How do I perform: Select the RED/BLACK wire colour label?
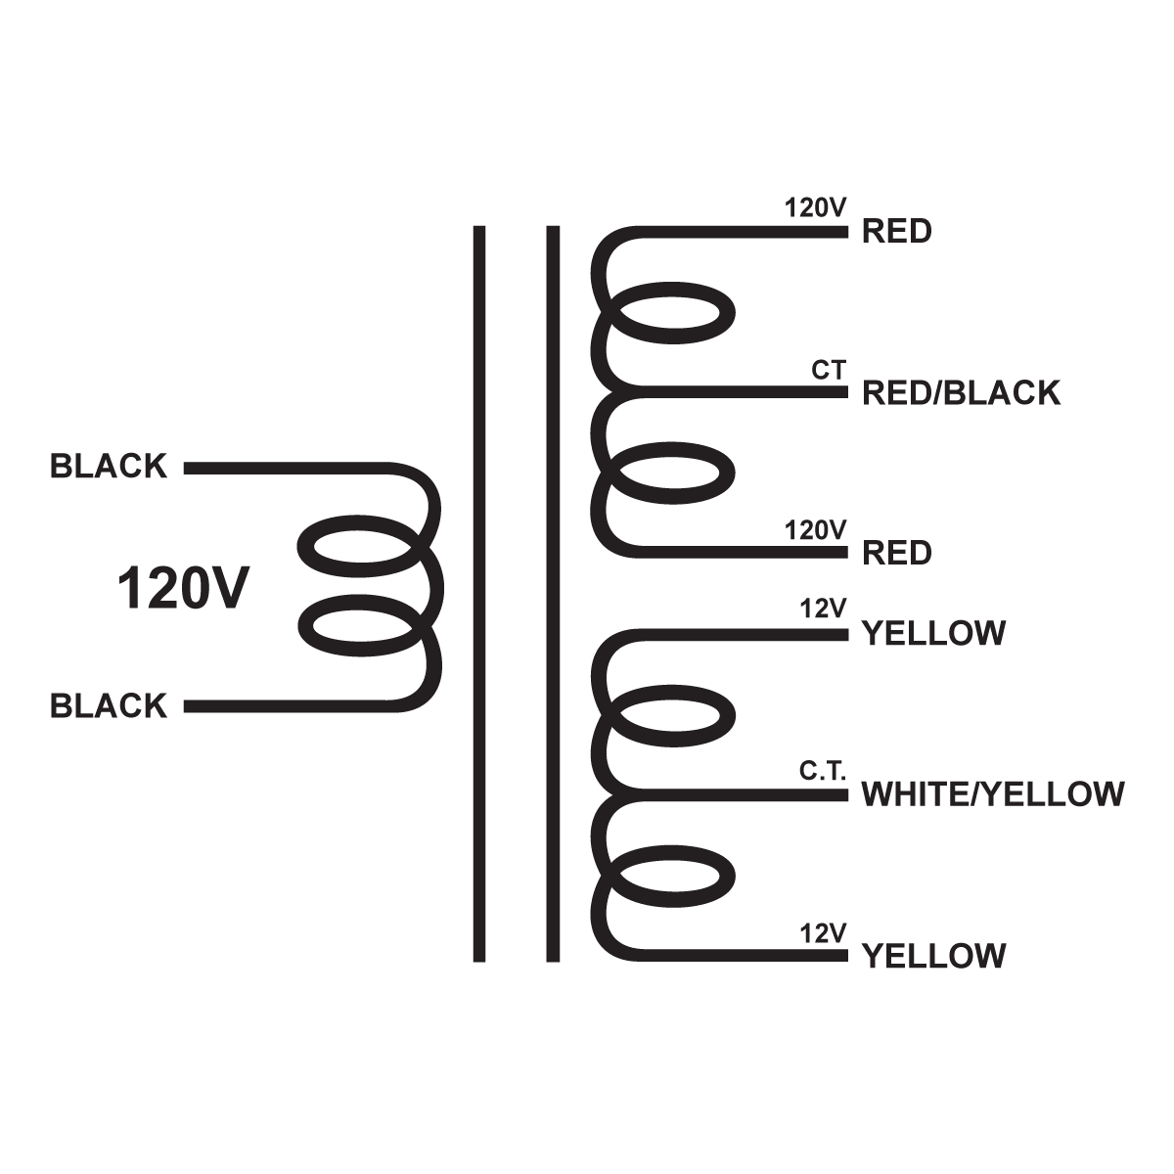coord(961,393)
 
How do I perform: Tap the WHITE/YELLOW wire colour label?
coord(992,793)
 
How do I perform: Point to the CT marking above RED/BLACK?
coord(828,371)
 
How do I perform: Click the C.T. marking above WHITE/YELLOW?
coord(823,771)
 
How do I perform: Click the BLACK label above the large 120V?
coord(109,467)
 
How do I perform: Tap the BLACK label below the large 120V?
coord(109,705)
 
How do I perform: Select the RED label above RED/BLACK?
coord(896,232)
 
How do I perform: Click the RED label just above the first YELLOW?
coord(896,554)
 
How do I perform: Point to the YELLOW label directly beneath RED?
coord(932,634)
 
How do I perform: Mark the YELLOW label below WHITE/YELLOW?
coord(932,956)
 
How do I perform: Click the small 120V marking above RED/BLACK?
coord(815,208)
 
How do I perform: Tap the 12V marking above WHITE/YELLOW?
coord(822,609)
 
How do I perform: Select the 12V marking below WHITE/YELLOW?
coord(822,933)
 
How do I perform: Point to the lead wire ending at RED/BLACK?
coord(744,392)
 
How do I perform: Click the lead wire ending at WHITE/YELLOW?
coord(744,794)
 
